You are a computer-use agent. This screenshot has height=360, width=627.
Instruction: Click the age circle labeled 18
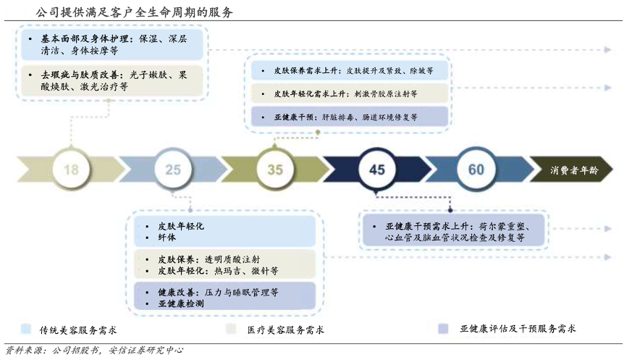[x=71, y=169]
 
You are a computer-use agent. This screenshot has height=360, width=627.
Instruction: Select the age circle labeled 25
[x=173, y=169]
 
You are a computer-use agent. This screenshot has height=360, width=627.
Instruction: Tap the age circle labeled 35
[x=275, y=169]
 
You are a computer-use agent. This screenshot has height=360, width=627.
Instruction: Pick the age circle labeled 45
[x=376, y=169]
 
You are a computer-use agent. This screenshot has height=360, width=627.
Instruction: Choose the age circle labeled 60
[x=476, y=169]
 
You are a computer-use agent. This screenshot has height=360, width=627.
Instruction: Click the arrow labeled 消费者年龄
[x=573, y=170]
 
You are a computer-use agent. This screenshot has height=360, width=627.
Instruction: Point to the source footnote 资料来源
[x=94, y=351]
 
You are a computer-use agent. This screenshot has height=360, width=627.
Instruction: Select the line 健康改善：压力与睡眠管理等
[x=217, y=292]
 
